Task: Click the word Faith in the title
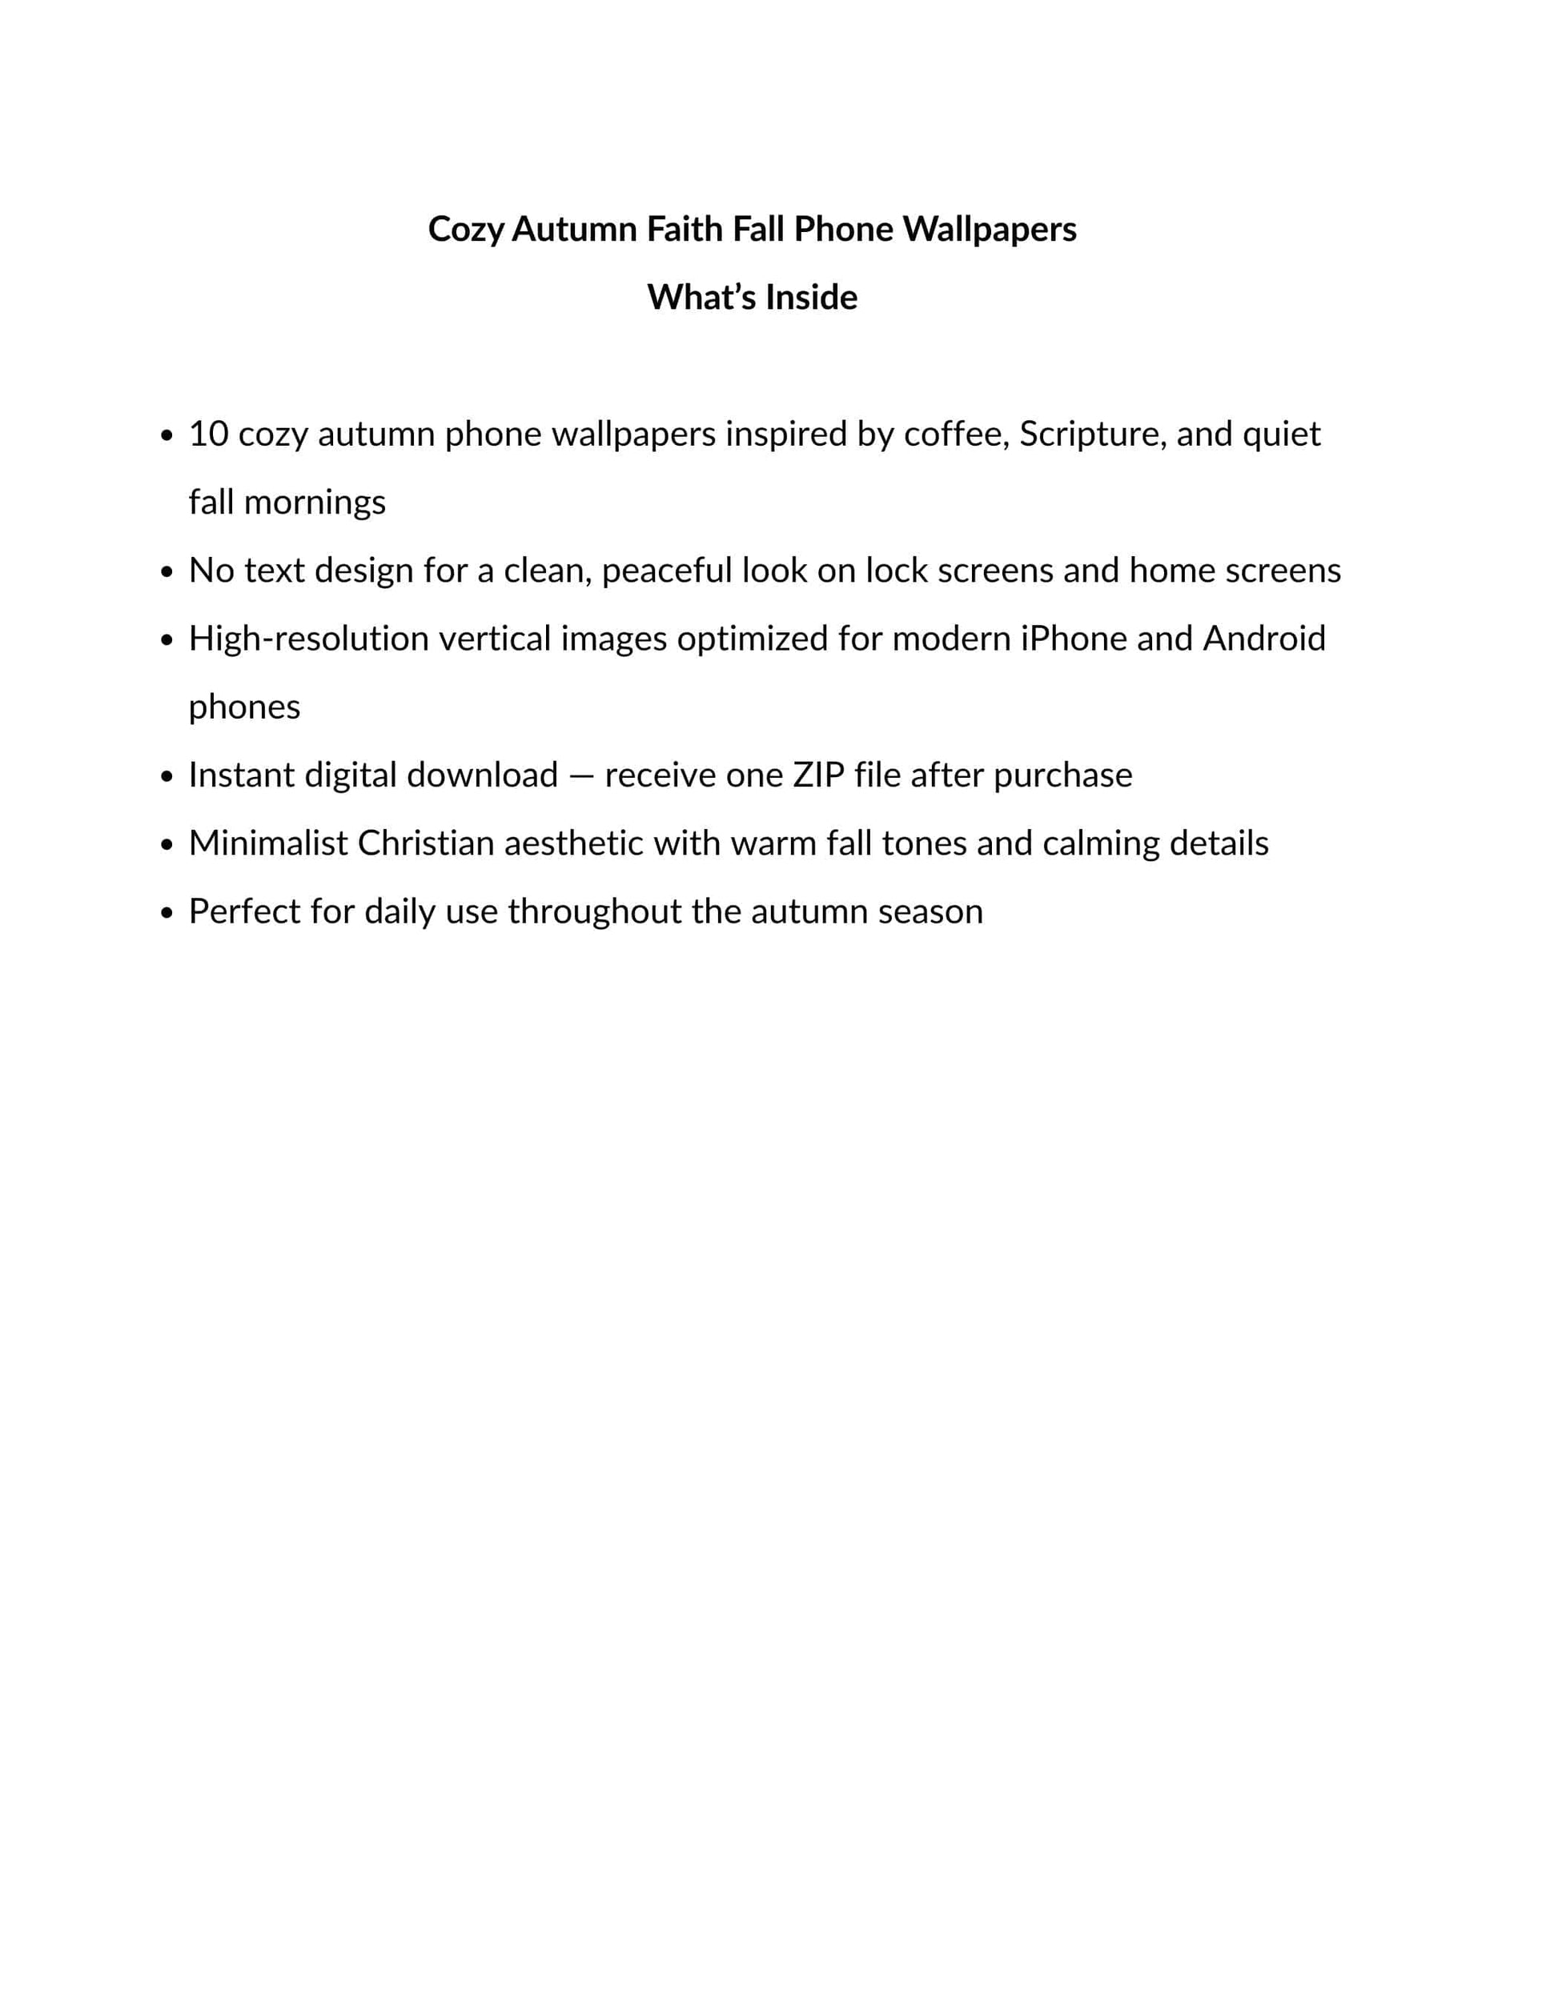[684, 229]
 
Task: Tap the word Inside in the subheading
[811, 297]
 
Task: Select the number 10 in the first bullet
[208, 434]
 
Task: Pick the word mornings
[315, 503]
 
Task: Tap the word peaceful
[667, 571]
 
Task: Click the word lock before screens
[896, 571]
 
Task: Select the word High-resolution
[308, 639]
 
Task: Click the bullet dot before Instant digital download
[166, 777]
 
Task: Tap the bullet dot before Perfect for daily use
[166, 914]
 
